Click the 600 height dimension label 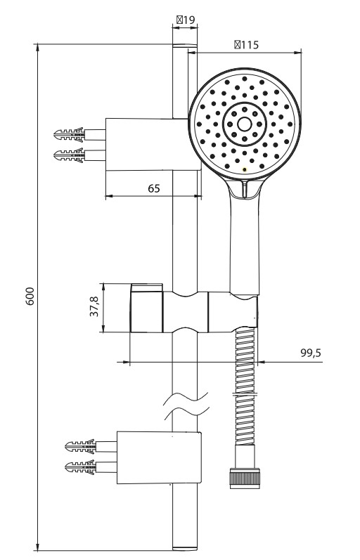(x=30, y=296)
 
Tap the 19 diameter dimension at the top (x=186, y=20)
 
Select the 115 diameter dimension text (x=246, y=45)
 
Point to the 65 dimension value (x=154, y=188)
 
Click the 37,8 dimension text (x=94, y=306)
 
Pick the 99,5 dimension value (x=311, y=353)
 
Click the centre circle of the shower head (x=245, y=124)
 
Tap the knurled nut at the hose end (x=245, y=478)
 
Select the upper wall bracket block (x=153, y=144)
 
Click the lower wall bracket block (x=159, y=457)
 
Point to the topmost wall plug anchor (x=70, y=135)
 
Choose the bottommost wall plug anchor (x=81, y=467)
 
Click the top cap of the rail (x=185, y=46)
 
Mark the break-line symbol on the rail (x=186, y=406)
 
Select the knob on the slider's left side (x=146, y=308)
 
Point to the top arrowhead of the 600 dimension (x=37, y=48)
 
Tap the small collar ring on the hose (x=245, y=395)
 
